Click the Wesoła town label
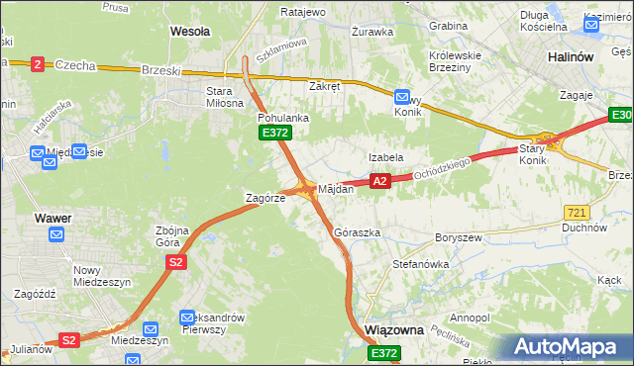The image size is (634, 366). click(190, 32)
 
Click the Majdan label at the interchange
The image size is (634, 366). click(336, 188)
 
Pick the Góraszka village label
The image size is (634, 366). click(358, 232)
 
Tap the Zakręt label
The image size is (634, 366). click(324, 86)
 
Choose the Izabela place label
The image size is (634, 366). click(385, 157)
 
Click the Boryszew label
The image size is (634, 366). click(458, 238)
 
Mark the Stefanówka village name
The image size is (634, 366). click(421, 265)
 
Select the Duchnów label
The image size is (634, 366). click(583, 228)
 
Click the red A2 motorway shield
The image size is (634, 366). click(379, 181)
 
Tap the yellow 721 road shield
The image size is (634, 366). click(576, 212)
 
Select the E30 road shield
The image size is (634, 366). click(620, 118)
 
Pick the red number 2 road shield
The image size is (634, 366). click(38, 63)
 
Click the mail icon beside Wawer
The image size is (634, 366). click(56, 234)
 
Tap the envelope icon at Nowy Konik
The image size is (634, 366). click(402, 97)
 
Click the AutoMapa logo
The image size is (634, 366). click(568, 347)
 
